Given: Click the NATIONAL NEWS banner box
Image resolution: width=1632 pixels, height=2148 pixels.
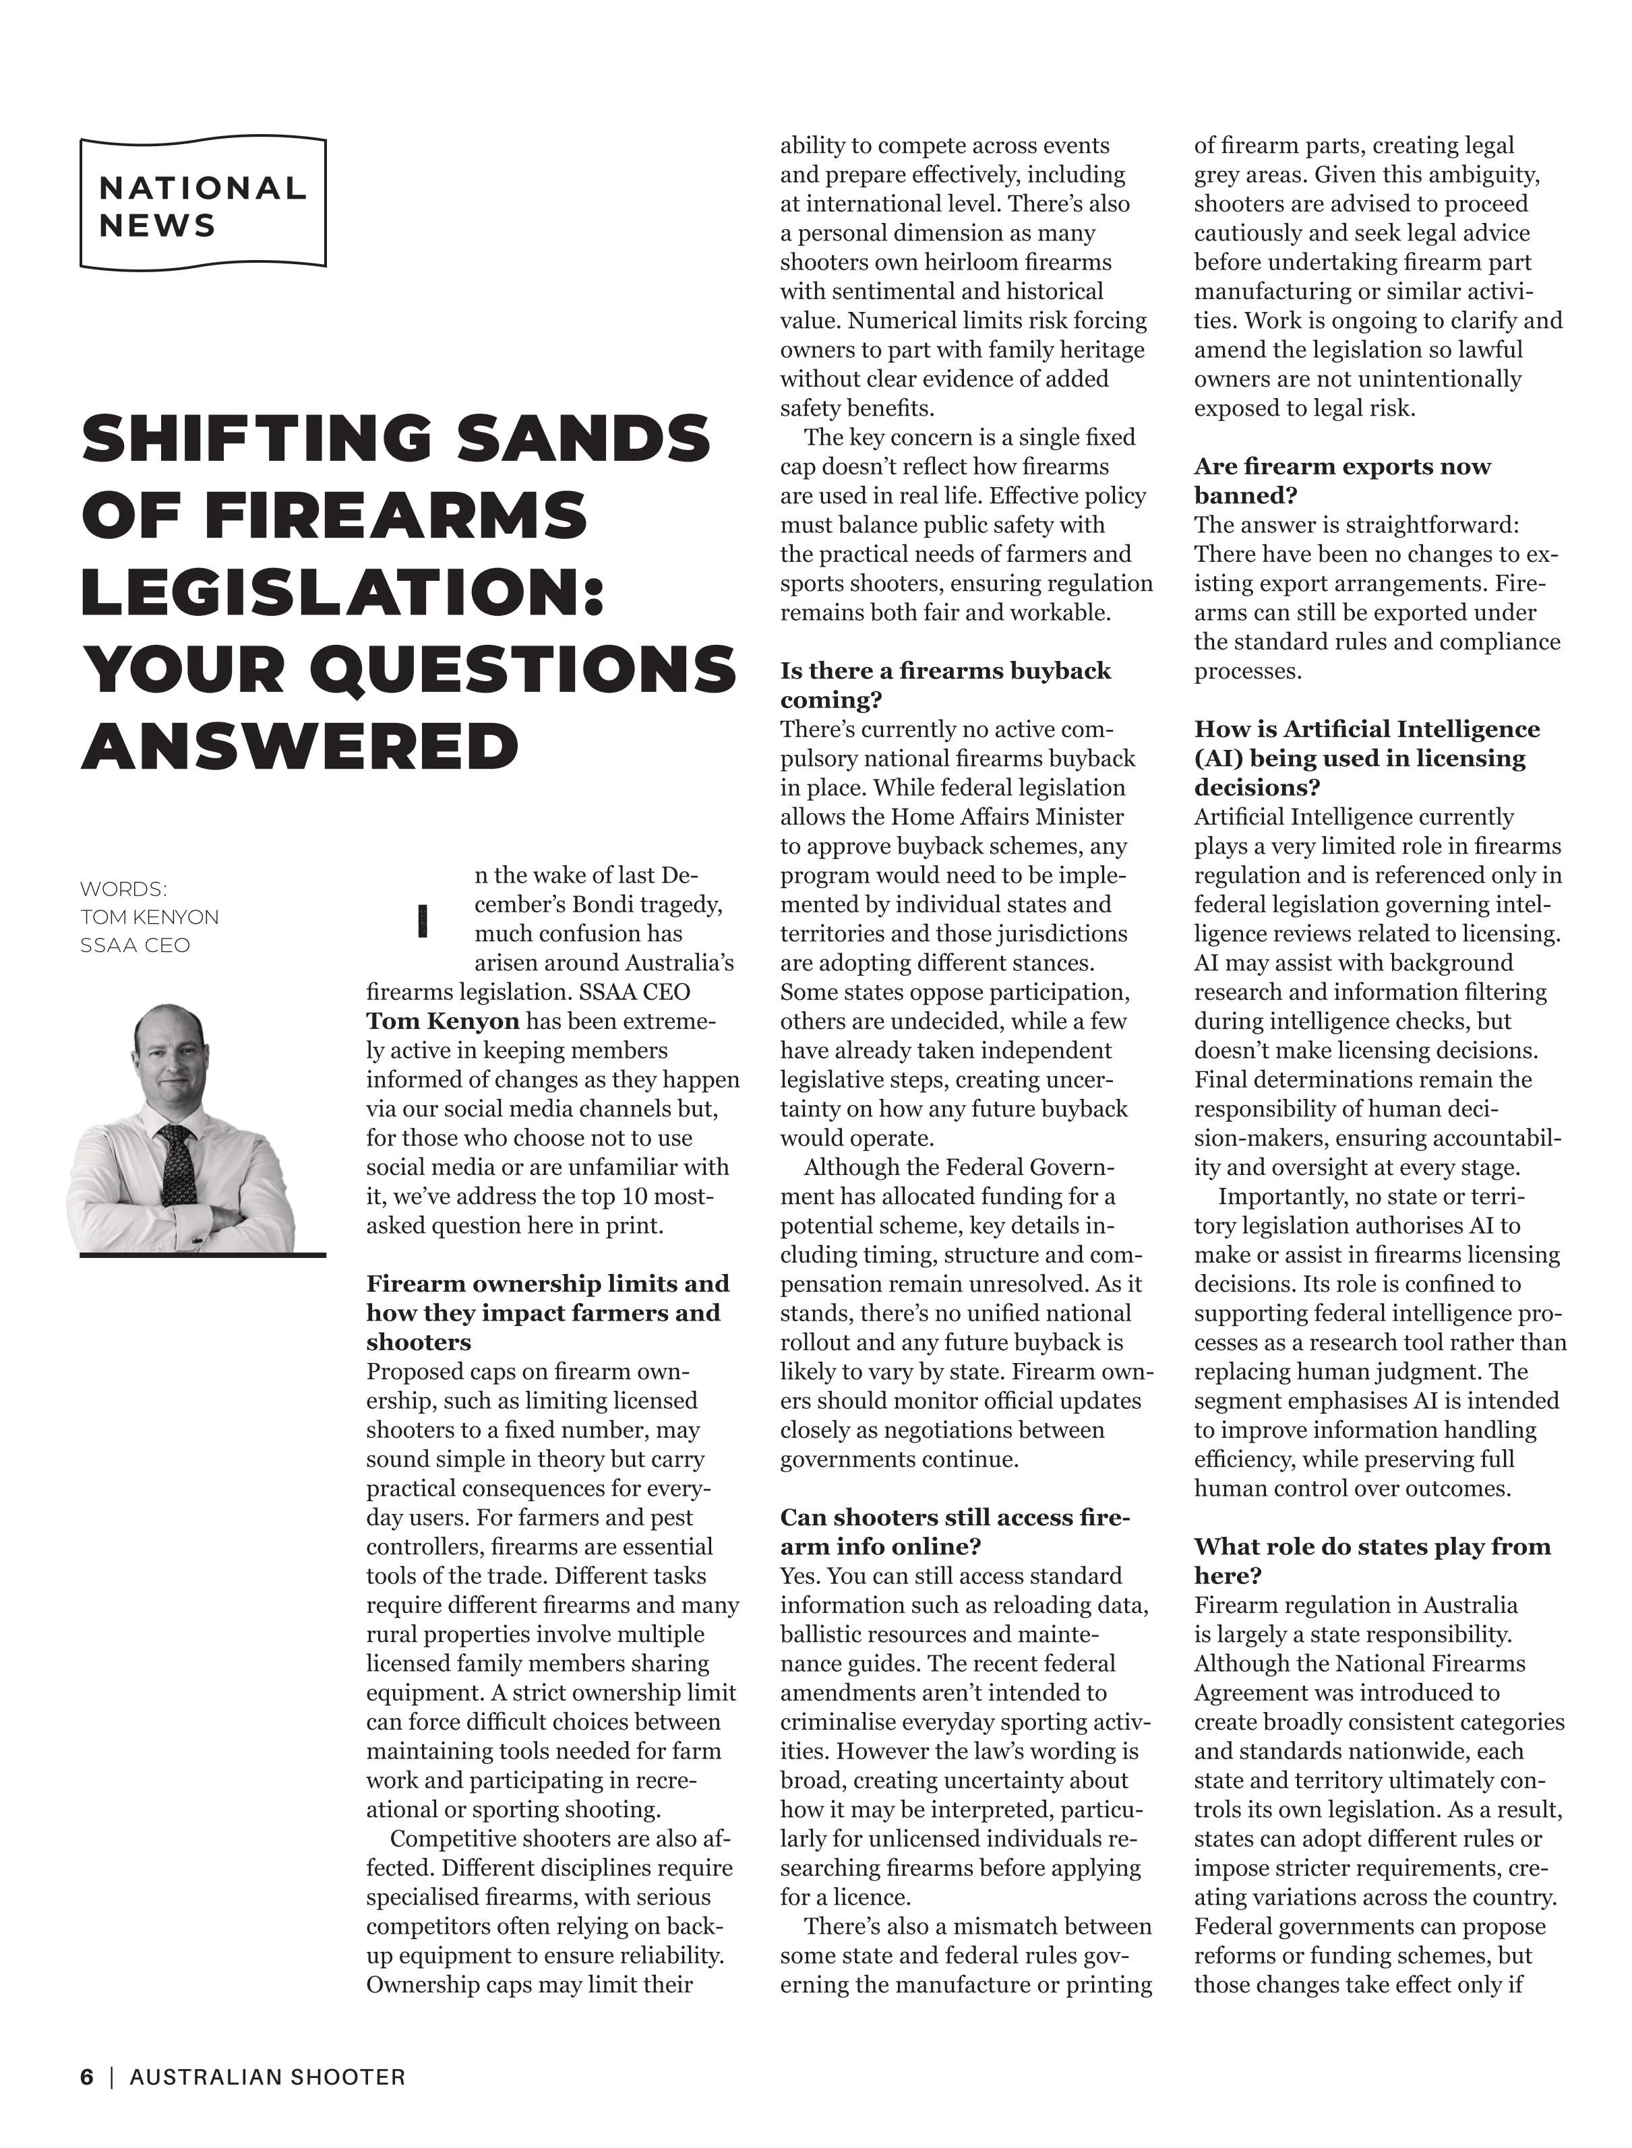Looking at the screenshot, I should (202, 202).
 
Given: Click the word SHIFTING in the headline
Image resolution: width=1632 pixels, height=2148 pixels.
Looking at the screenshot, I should (255, 438).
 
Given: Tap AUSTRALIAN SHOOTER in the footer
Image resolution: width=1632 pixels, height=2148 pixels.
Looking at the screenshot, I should (267, 2077).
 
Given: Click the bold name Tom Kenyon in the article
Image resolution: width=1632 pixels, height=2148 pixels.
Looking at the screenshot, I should (442, 1021).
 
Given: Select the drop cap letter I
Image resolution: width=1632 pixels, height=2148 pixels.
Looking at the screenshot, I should (421, 920).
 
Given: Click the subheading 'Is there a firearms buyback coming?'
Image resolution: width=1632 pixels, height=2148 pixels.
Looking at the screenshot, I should (944, 685).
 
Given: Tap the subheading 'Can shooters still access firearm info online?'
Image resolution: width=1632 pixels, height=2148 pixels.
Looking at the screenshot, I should (954, 1531).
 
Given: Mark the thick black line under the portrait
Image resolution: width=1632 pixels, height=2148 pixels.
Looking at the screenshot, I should (202, 1255).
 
